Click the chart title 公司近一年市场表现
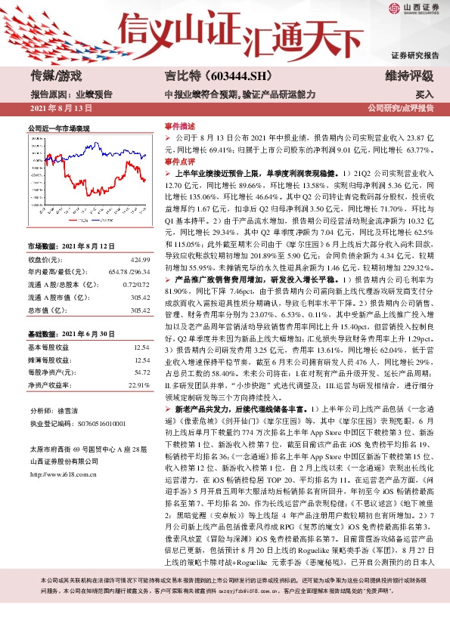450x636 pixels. pyautogui.click(x=59, y=128)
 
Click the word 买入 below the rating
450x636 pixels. pyautogui.click(x=424, y=94)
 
